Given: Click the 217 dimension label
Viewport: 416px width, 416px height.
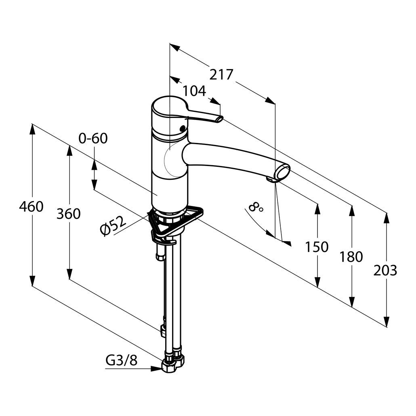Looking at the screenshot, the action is [221, 75].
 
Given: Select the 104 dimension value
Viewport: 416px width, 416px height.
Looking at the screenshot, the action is [194, 91].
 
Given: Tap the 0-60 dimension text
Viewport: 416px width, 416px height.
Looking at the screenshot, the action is [93, 138].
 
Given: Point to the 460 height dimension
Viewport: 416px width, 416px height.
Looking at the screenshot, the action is [31, 207].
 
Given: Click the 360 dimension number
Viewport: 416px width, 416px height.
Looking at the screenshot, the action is [68, 214].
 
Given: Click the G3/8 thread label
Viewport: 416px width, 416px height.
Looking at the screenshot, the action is [122, 360].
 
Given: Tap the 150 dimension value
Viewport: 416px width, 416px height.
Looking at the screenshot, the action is [317, 247].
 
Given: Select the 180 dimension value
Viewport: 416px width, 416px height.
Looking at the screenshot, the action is [351, 257].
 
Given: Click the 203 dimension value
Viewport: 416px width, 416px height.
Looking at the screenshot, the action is [385, 271].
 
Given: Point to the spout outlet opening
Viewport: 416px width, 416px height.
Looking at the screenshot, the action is [283, 172].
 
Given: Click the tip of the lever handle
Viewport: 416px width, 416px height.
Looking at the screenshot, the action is [220, 120].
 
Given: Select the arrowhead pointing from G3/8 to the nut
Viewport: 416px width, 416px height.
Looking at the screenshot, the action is [156, 368].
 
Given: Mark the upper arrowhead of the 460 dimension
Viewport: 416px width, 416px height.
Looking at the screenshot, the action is [32, 130].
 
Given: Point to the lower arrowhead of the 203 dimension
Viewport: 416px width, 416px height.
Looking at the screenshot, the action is [387, 321].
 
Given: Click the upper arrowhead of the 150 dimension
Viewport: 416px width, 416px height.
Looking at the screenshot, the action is [317, 210].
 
